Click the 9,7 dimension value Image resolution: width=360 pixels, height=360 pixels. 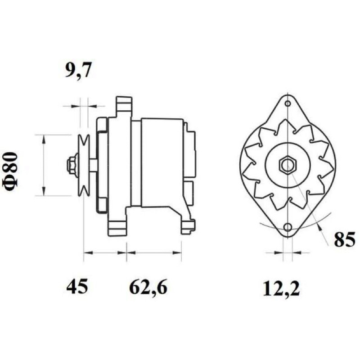(78, 70)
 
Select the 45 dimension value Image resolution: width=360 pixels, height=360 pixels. (77, 287)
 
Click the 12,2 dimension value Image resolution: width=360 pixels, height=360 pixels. (281, 289)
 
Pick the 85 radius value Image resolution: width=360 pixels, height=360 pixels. (344, 240)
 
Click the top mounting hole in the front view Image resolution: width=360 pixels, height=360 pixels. (288, 103)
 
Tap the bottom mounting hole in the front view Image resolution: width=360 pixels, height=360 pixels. (288, 227)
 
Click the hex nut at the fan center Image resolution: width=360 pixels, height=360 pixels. (288, 165)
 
